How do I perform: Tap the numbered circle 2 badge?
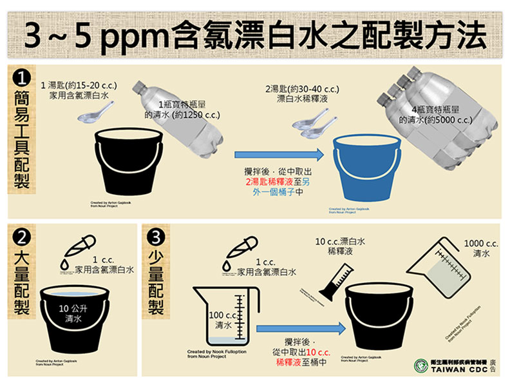pyautogui.click(x=21, y=237)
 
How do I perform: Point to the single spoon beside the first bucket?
pyautogui.click(x=90, y=116)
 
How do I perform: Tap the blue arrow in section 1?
pyautogui.click(x=278, y=154)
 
